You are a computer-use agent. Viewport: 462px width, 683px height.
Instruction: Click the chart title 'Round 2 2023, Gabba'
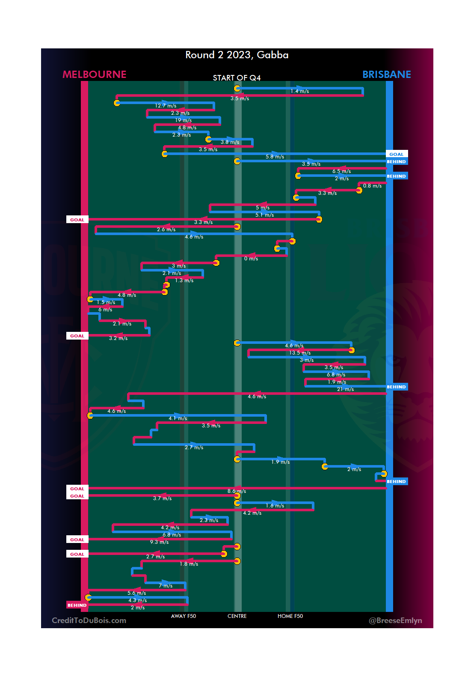coord(237,55)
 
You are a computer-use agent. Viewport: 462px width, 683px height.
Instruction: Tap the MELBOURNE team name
coord(95,75)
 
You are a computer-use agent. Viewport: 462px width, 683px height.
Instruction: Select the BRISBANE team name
coord(386,75)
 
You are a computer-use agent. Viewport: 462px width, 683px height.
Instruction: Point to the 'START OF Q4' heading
coord(237,78)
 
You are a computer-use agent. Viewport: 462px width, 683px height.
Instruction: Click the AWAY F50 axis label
coord(184,616)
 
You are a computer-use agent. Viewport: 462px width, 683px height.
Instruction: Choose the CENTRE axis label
coord(237,616)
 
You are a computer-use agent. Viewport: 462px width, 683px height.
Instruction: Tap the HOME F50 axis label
coord(290,616)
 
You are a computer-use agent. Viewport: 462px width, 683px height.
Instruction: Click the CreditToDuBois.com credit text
coord(89,620)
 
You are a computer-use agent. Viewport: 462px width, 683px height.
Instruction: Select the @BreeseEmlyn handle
coord(395,620)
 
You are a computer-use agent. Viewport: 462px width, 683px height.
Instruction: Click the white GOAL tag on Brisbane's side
coord(397,154)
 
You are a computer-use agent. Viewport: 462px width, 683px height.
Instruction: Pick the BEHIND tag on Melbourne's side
coord(77,605)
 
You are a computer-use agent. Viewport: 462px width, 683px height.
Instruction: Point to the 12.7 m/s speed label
coord(166,106)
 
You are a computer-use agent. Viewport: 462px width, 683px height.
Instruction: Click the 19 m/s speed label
coord(183,120)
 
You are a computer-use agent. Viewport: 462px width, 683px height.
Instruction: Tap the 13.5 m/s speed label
coord(300,353)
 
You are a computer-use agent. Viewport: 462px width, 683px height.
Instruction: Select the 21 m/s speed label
coord(345,389)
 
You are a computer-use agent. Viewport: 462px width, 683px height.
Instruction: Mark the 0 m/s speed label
coord(251,259)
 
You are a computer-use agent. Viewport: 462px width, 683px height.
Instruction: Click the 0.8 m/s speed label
coord(372,186)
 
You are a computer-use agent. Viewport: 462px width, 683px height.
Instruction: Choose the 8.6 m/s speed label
coord(237,491)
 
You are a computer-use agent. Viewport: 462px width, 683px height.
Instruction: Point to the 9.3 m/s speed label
coord(159,542)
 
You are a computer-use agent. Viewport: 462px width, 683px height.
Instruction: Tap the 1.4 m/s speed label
coord(299,91)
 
